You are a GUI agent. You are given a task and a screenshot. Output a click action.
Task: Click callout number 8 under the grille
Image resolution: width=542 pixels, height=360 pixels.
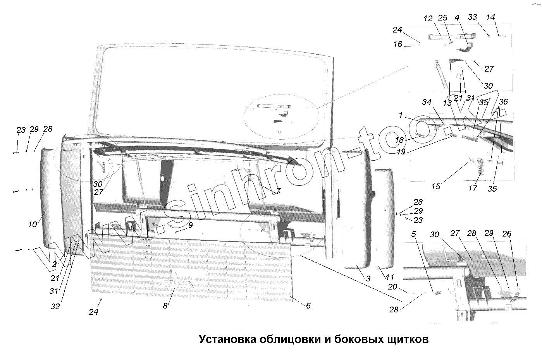tap(165, 306)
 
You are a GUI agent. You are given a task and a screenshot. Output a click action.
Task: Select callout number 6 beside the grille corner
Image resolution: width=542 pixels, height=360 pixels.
tap(308, 306)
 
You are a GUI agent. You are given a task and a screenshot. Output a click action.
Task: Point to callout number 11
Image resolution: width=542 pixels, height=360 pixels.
tap(389, 277)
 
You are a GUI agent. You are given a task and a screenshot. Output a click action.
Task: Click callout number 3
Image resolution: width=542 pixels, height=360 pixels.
tap(368, 278)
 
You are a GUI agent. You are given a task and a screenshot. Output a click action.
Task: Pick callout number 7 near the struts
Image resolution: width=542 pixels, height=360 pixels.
tap(278, 191)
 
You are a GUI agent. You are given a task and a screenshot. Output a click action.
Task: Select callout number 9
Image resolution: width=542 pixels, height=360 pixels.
tap(190, 225)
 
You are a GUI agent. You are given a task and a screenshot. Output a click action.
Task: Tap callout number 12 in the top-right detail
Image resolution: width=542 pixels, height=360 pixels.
tap(428, 19)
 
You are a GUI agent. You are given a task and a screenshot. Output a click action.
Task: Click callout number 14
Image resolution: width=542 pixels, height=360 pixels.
tap(490, 17)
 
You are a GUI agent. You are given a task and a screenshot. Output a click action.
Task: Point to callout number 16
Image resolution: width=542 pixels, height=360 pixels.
tap(398, 44)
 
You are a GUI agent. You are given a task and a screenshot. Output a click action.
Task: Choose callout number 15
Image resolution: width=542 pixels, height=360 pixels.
tap(436, 187)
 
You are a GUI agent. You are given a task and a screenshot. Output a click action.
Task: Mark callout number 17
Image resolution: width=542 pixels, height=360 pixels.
tap(472, 189)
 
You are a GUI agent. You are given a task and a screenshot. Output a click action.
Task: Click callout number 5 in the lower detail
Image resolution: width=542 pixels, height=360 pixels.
tap(414, 234)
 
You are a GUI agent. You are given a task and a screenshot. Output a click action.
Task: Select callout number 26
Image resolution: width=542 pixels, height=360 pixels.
tap(507, 234)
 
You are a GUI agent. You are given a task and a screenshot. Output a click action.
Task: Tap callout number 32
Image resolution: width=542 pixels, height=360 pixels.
tap(55, 307)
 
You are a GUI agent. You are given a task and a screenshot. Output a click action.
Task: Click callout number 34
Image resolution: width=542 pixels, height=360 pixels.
tap(427, 102)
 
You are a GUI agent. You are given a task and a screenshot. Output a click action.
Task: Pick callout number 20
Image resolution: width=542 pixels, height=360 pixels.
tap(392, 287)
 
